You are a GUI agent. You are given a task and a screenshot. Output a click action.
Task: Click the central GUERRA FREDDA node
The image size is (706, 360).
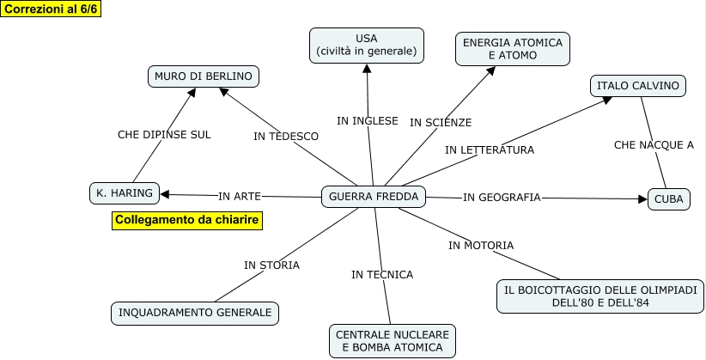(x=374, y=197)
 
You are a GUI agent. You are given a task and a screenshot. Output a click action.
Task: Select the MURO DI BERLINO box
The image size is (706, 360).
(x=204, y=76)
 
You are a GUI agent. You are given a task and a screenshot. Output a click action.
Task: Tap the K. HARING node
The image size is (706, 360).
(x=125, y=193)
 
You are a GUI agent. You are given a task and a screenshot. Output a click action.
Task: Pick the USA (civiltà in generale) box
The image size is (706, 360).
(x=366, y=46)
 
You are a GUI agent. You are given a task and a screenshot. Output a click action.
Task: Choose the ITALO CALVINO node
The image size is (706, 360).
(x=638, y=85)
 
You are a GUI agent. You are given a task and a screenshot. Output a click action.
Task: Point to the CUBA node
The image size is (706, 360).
(x=668, y=199)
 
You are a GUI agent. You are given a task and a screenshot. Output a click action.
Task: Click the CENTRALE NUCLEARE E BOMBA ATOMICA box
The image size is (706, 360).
(x=392, y=341)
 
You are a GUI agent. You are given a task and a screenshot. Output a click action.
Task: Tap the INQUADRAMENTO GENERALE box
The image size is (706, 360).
(x=195, y=313)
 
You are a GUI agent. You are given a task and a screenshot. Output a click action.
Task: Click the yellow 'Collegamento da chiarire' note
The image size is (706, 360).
(x=186, y=221)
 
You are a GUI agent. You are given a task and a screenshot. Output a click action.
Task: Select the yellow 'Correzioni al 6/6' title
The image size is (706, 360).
(x=51, y=9)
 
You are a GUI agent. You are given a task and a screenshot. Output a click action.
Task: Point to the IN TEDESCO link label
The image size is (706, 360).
(x=286, y=137)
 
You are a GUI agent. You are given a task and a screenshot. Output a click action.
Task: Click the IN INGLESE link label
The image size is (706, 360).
(x=368, y=121)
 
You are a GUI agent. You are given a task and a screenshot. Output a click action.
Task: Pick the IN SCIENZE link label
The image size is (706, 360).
(x=441, y=123)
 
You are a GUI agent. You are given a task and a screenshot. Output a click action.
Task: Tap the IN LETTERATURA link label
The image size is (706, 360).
(x=490, y=149)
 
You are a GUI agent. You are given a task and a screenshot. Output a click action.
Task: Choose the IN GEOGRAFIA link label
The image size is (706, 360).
(x=502, y=198)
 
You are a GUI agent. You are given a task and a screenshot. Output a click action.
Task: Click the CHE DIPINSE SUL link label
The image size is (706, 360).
(x=164, y=135)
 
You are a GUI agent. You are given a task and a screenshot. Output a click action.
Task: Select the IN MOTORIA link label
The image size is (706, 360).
(x=481, y=246)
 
